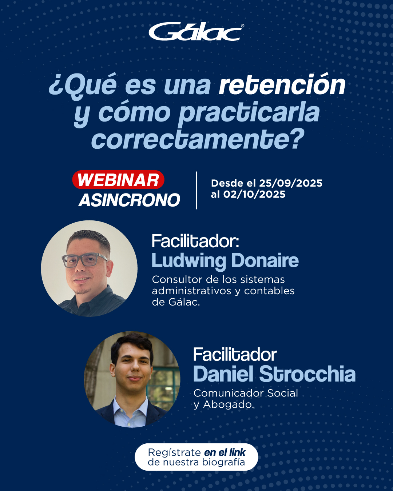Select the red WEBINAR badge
point(118,180)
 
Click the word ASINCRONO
point(129,200)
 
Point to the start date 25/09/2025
point(290,183)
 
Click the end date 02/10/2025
point(254,194)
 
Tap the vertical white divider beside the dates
point(196,190)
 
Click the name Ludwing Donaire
point(225,261)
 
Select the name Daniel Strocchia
point(274,374)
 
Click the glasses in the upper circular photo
point(84,260)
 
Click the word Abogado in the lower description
point(229,404)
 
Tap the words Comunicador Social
point(246,393)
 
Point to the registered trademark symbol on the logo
point(242,26)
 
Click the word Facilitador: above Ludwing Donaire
point(195,241)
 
